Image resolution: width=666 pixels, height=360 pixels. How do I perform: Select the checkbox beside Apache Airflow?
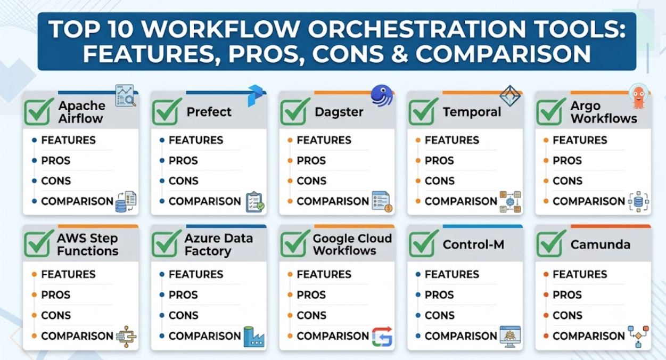[x=38, y=112]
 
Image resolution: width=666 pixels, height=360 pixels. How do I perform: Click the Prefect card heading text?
[x=209, y=112]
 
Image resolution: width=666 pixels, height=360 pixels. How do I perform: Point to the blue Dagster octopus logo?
[x=382, y=95]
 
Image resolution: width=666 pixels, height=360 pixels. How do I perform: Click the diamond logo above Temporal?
[x=510, y=96]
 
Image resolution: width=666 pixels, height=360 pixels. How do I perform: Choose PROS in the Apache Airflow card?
[x=55, y=161]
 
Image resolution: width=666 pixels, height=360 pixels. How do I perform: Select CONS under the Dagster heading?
[x=311, y=181]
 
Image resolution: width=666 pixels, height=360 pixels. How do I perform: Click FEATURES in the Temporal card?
[x=451, y=140]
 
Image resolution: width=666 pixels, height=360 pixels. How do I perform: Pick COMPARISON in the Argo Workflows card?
[x=589, y=201]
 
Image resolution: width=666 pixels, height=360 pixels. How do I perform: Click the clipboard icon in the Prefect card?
[x=255, y=202]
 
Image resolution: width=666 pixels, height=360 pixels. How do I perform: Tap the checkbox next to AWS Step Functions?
[x=38, y=243]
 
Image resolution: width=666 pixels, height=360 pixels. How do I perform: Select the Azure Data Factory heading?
[x=218, y=244]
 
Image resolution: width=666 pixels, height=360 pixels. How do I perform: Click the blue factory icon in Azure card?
[x=253, y=337]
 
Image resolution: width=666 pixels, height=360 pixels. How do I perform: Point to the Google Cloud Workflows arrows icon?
[x=382, y=337]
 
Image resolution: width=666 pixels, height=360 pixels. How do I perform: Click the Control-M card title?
[x=473, y=244]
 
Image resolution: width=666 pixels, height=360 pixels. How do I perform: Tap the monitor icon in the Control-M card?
[x=510, y=337]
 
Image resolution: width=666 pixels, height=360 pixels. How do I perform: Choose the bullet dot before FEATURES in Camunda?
[x=546, y=274]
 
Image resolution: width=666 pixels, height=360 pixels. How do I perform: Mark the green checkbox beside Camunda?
[x=551, y=243]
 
